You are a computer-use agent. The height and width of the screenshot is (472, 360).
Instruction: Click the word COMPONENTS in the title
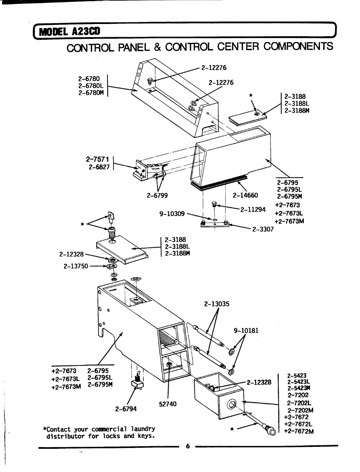coord(298,47)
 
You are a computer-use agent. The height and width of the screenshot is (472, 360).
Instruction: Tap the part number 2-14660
coord(245,195)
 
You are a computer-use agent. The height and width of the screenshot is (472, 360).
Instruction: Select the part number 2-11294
coord(254,210)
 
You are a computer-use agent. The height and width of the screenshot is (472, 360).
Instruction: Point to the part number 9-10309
coord(172,214)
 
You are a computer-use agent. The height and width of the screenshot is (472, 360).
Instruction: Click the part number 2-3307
coord(263,229)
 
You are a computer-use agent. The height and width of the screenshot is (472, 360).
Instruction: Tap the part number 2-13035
coord(217,304)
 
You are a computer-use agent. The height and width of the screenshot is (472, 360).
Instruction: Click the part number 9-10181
coord(246,330)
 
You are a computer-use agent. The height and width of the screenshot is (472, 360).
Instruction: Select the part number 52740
coord(167,404)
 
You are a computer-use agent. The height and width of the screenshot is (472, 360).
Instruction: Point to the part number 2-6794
coord(126,409)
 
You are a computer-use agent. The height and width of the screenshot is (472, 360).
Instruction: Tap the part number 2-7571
coord(97,160)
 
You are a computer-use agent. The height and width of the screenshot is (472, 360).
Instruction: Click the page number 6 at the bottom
coord(187,446)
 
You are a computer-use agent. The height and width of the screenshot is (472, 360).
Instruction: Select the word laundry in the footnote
coord(143,429)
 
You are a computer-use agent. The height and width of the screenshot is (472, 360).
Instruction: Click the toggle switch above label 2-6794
coord(138,381)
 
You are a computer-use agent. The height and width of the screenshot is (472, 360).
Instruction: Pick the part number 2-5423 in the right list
coord(297,376)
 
